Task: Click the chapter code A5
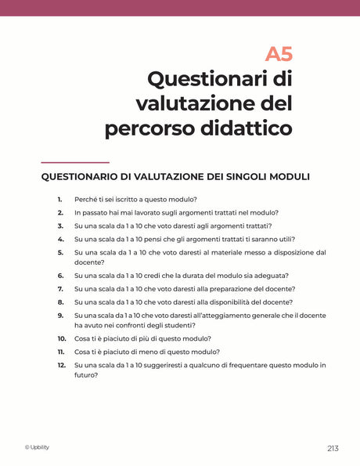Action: (279, 54)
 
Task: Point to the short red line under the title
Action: (74, 162)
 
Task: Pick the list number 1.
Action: (59, 200)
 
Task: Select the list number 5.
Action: (60, 252)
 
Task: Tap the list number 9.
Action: (60, 315)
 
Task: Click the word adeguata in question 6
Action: (270, 275)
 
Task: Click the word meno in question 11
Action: (147, 352)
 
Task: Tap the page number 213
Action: (333, 448)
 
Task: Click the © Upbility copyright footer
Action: (38, 447)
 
